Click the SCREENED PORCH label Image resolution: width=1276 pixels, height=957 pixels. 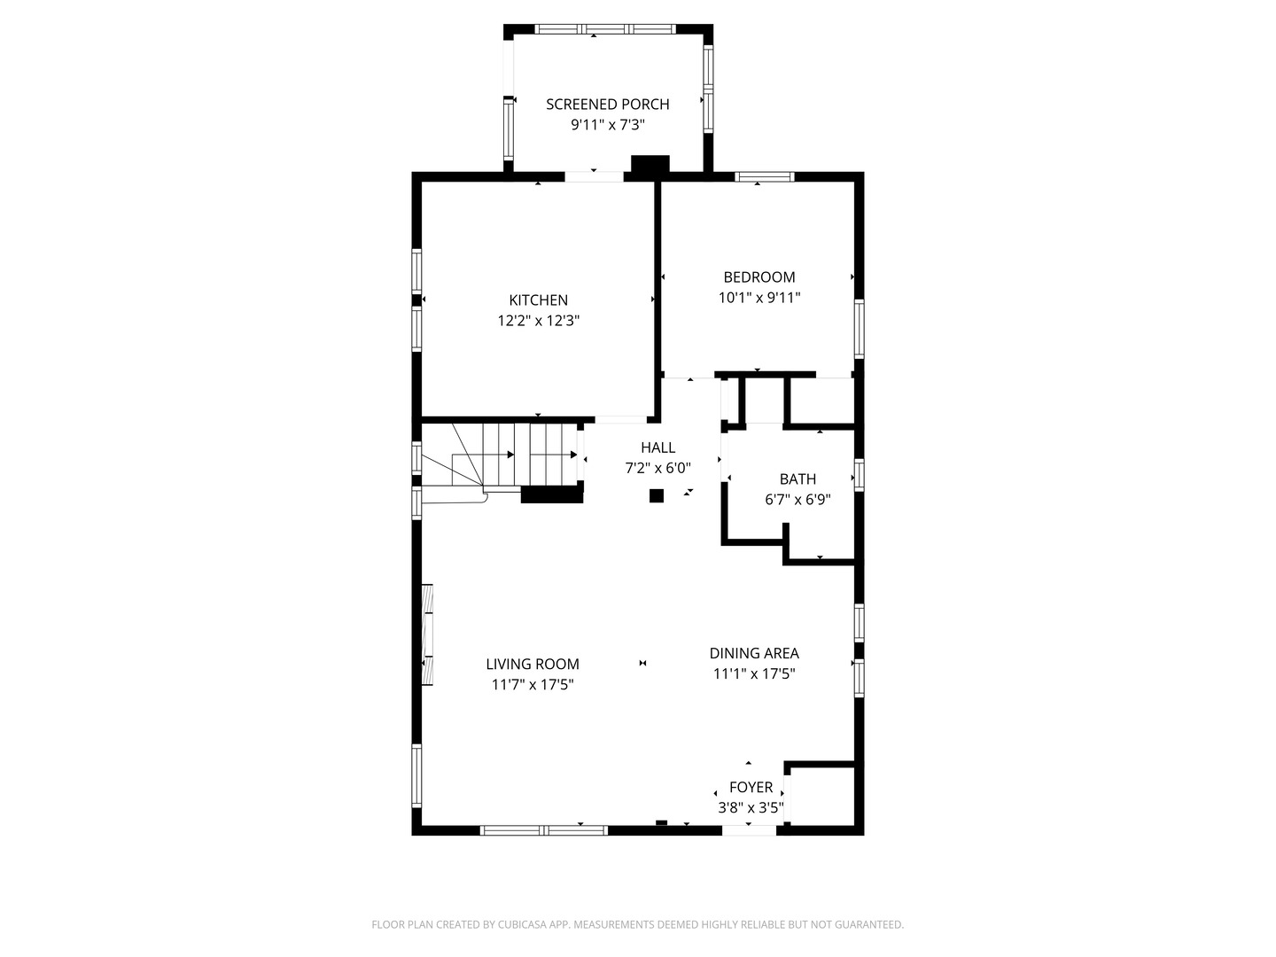tap(607, 105)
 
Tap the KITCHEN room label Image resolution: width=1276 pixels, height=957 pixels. tap(538, 300)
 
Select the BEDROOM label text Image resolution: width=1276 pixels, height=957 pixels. tap(759, 277)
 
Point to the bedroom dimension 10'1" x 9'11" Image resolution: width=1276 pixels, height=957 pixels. tap(759, 299)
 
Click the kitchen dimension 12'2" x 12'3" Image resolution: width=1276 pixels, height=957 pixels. tap(538, 321)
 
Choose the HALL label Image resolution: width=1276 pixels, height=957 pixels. tap(657, 447)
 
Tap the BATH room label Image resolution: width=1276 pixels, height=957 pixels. tap(797, 479)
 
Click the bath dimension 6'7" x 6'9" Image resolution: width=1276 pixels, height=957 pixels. tap(797, 500)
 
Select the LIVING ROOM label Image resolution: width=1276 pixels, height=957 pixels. tap(533, 664)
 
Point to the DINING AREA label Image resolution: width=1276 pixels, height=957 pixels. tap(754, 653)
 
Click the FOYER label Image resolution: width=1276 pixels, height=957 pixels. tap(751, 787)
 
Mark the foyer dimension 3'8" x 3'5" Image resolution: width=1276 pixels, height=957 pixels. tap(751, 808)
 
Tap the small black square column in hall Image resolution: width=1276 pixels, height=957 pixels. tap(657, 496)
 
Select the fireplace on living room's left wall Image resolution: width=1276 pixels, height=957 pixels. tap(428, 634)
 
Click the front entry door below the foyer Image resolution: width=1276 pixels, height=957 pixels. tap(750, 830)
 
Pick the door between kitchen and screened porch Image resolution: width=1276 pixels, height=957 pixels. tap(594, 176)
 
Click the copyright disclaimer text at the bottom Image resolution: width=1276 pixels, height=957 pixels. tap(637, 924)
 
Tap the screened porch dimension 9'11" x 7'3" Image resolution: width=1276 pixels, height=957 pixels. tap(607, 126)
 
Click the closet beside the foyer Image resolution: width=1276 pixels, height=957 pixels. tap(820, 796)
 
